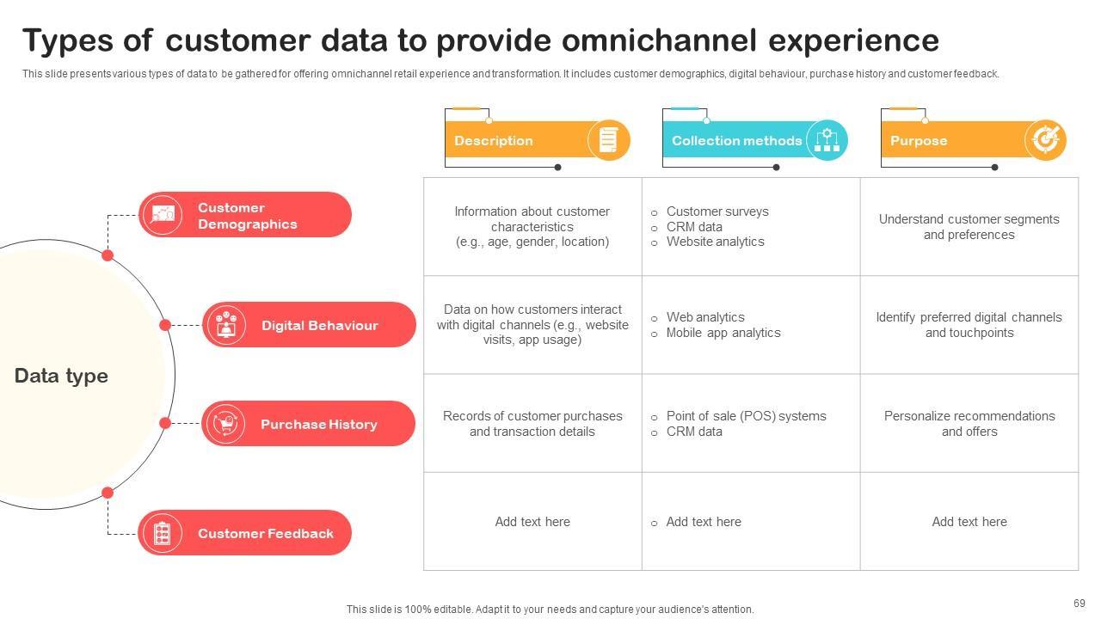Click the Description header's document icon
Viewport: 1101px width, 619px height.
608,140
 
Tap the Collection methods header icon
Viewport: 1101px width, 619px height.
827,140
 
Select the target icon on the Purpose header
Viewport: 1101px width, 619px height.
1045,139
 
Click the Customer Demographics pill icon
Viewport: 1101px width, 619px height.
163,215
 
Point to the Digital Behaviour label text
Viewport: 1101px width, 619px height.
319,325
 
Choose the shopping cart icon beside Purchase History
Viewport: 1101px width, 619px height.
226,424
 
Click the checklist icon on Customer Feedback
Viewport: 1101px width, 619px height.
162,533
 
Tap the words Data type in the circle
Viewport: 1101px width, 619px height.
61,376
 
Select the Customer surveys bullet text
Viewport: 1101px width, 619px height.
717,211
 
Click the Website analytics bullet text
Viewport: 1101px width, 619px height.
715,242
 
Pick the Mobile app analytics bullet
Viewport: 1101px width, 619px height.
723,333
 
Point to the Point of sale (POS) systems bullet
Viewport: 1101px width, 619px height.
746,416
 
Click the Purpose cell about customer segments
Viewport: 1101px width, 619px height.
969,226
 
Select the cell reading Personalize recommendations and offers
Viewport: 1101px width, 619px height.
969,424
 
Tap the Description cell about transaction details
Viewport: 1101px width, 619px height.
532,424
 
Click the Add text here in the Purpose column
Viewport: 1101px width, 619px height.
969,522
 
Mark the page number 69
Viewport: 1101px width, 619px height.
1079,603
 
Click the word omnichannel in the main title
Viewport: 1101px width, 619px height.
659,40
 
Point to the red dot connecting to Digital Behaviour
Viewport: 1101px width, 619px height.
165,325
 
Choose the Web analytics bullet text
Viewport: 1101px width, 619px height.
705,317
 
